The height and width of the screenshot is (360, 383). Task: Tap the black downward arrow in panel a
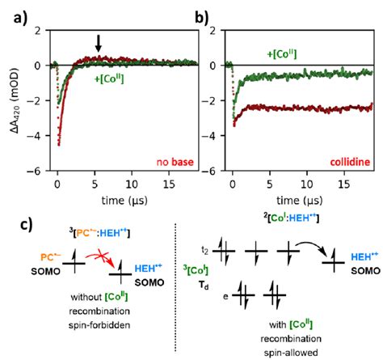98,44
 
